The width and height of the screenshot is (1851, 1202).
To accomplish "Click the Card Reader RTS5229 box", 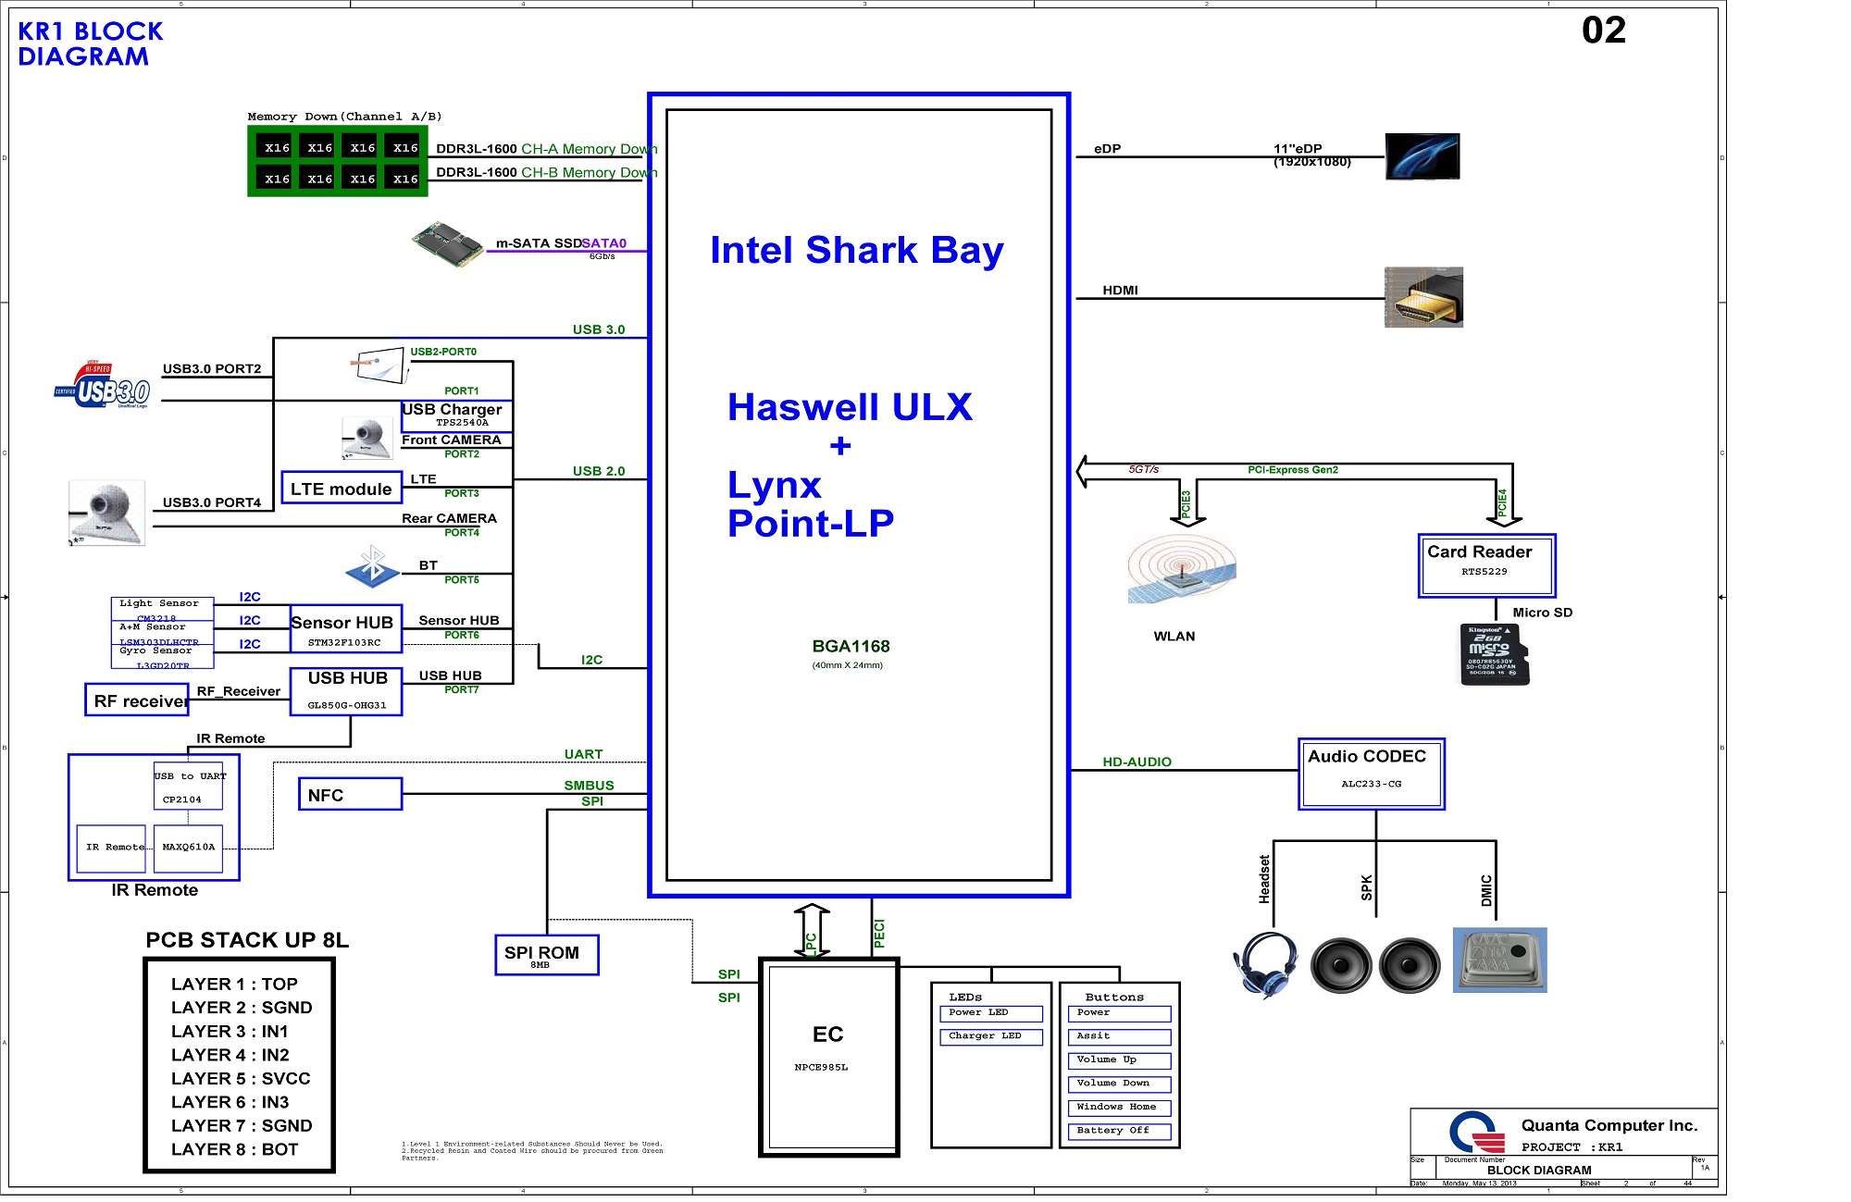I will [1486, 565].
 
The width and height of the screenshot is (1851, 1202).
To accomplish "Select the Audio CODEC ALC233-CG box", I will [1371, 774].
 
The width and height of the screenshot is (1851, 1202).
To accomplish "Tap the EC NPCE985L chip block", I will [828, 1056].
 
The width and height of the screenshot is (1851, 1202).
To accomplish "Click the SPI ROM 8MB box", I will [546, 955].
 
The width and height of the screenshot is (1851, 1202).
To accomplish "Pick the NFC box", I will [350, 794].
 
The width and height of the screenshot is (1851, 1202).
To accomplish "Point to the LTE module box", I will [341, 488].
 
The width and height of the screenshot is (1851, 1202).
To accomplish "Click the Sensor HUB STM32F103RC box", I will [345, 629].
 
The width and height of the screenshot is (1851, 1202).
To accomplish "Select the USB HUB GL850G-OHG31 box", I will [346, 691].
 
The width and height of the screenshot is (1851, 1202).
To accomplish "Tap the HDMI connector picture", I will [1423, 298].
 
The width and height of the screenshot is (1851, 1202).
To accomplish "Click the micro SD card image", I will [1494, 654].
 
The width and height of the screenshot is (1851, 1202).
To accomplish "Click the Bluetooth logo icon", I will [372, 566].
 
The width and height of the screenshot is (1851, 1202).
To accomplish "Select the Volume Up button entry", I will [1118, 1060].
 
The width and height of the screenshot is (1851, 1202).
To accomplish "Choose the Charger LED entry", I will [989, 1036].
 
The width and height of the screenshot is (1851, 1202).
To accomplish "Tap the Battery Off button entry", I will [1118, 1131].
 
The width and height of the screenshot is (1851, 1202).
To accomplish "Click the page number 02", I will [1603, 31].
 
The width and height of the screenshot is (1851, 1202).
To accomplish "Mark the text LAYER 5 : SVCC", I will [241, 1079].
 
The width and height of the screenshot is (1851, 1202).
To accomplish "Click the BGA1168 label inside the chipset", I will [851, 646].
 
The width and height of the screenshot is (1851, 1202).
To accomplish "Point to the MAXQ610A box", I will [188, 848].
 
